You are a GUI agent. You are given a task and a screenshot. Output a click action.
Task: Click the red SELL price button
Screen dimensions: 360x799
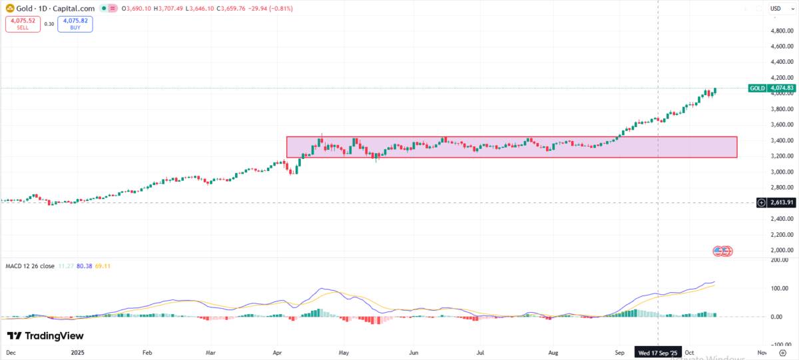click(x=23, y=24)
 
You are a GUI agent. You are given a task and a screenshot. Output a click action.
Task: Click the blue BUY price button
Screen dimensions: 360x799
click(x=75, y=24)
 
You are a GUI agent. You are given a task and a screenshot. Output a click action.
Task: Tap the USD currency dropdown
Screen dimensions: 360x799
click(x=776, y=8)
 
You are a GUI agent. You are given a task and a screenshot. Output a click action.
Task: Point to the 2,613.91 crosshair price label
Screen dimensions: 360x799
click(x=776, y=202)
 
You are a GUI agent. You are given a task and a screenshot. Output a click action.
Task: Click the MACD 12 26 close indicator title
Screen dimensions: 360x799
click(x=29, y=266)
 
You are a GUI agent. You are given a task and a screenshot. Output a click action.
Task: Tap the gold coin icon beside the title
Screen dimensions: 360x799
click(x=10, y=8)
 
